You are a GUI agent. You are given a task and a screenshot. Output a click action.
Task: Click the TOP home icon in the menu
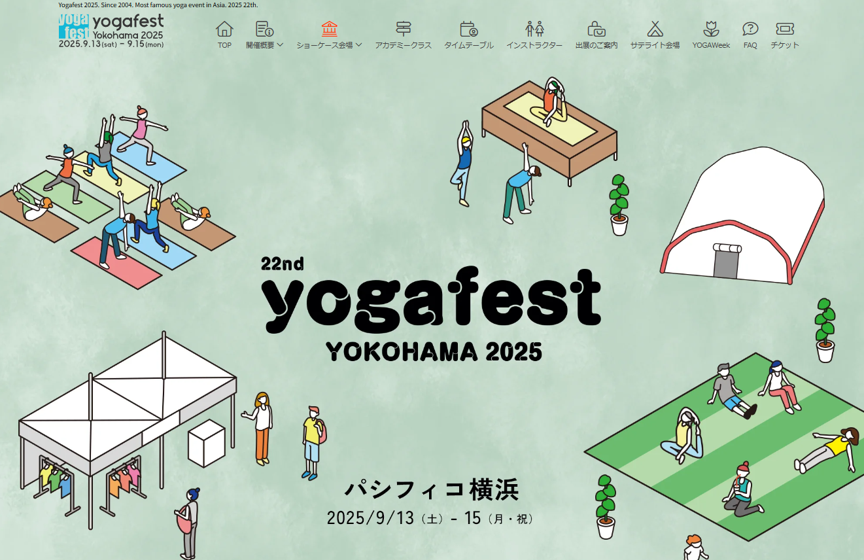224,29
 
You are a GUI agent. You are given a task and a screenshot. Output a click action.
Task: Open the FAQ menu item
750,35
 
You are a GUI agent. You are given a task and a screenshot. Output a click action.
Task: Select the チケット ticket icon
785,29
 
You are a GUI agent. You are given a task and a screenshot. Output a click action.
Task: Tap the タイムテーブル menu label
469,46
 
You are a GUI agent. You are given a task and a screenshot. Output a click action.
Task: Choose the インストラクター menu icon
534,29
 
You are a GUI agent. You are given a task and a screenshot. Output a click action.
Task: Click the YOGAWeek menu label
711,46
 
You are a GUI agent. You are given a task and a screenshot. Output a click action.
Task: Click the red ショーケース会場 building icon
330,29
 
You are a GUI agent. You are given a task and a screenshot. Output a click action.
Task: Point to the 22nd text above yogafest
283,264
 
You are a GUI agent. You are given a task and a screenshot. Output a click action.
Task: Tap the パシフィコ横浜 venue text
431,489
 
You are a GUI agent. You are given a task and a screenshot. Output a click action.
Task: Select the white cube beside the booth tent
207,443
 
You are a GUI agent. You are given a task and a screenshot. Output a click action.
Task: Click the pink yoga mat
116,263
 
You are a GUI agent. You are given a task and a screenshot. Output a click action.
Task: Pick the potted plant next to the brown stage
619,205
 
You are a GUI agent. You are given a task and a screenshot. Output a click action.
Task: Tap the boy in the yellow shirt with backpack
313,442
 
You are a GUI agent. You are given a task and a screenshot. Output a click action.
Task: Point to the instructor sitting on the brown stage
551,102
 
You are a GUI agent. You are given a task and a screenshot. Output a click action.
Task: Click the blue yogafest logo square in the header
74,26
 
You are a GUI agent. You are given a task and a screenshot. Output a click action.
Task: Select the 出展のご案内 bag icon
596,29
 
